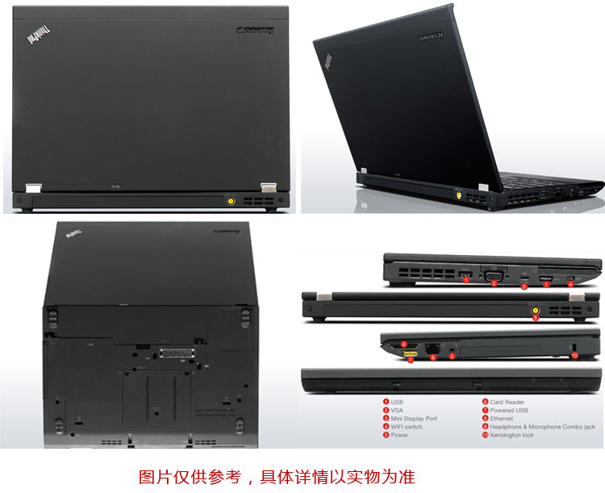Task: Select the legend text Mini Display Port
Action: [414, 418]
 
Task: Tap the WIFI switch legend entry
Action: [407, 427]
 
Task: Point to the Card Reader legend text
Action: [507, 401]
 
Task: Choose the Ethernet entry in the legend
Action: [501, 418]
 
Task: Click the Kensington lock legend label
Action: [511, 435]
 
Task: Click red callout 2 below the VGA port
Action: [493, 283]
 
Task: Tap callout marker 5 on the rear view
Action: [536, 317]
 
